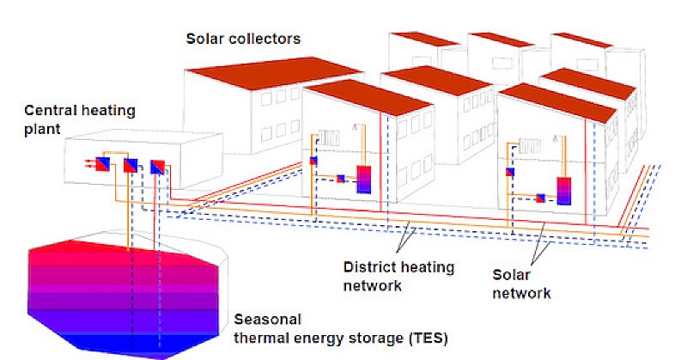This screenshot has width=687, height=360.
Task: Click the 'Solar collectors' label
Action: pos(243,39)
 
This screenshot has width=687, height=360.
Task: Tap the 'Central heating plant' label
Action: pos(79,119)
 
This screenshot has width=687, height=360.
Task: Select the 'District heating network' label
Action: pos(398,277)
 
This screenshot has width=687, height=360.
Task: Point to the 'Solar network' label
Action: pos(521,284)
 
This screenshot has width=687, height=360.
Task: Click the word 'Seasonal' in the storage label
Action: pos(268,320)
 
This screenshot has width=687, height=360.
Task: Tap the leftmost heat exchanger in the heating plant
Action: pos(102,164)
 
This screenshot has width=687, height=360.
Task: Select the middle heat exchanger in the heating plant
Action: pos(131,165)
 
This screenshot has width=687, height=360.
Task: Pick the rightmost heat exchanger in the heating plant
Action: pos(157,167)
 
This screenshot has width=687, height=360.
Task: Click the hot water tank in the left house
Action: pos(363,180)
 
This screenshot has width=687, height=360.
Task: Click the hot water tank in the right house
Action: pos(564,192)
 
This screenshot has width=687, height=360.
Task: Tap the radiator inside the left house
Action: pos(329,137)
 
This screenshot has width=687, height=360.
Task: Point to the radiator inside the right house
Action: pos(529,146)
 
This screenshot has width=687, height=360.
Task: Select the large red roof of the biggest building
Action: pos(275,72)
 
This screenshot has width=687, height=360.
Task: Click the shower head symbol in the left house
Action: pos(356,127)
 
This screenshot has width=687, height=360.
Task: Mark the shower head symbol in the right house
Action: pos(556,138)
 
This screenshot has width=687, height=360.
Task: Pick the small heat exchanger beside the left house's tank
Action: pos(340,179)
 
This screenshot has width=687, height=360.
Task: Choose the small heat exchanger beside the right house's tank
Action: pos(541,198)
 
